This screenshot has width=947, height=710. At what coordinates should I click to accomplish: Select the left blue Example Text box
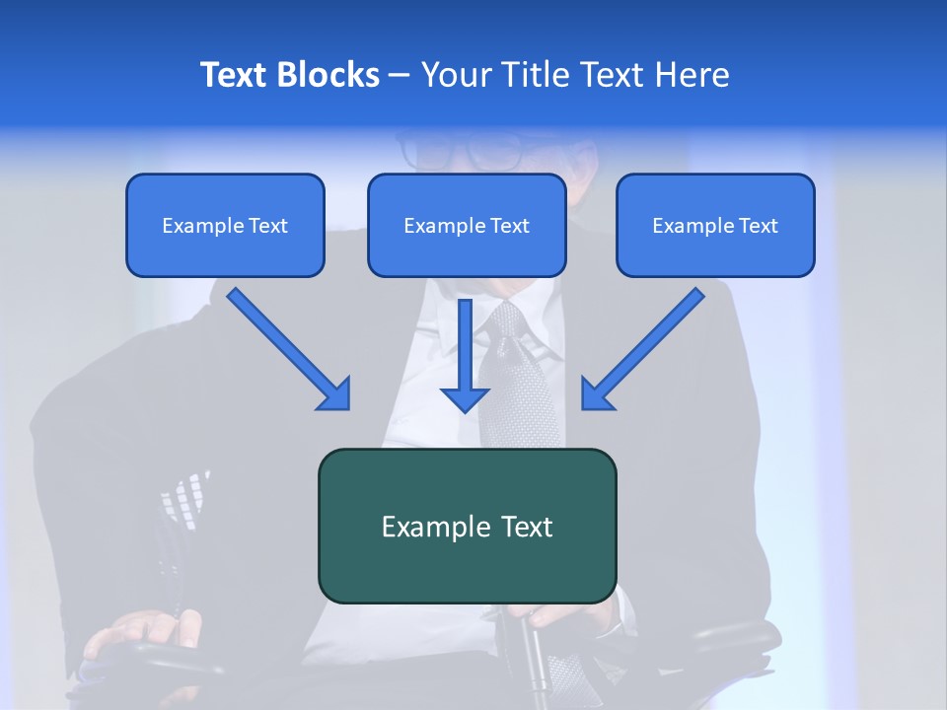[225, 225]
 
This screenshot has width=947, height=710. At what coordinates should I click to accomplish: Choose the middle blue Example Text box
[467, 225]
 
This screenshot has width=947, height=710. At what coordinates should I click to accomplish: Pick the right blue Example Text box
[715, 225]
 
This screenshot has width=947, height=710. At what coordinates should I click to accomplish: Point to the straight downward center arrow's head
[465, 397]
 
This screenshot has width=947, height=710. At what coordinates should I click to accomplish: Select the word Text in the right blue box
[758, 226]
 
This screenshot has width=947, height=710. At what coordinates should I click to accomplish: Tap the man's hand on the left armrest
[138, 631]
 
